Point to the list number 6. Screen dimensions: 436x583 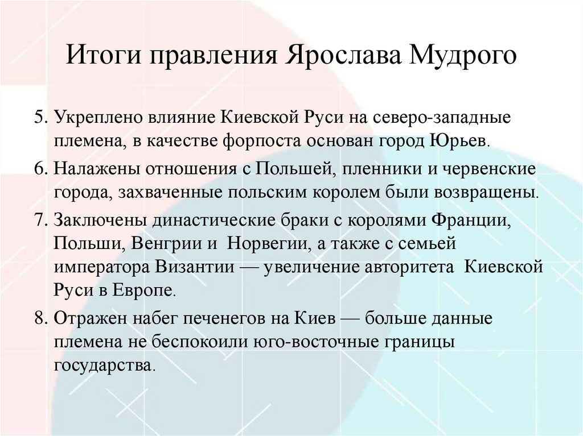[x=39, y=169]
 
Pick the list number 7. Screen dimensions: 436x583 [x=39, y=220]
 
